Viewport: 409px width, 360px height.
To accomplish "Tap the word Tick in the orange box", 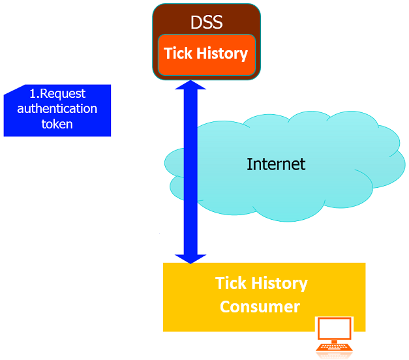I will [177, 53].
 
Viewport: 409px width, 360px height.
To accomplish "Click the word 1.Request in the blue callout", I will [57, 94].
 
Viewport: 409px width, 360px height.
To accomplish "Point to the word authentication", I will [57, 108].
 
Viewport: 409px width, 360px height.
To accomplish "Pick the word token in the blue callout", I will [57, 123].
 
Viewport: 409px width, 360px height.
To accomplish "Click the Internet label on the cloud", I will [276, 163].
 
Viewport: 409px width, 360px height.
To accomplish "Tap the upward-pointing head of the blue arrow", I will [190, 86].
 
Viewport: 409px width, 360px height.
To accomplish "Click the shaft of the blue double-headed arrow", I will [190, 170].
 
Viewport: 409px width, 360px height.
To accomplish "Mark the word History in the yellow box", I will [279, 284].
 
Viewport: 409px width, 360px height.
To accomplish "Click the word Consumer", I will [260, 307].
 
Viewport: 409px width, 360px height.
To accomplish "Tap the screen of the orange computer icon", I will [334, 329].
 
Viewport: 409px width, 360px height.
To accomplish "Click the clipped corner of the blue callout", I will [9, 90].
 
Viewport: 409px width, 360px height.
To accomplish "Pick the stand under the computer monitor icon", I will [334, 344].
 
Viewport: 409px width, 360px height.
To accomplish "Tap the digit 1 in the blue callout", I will [33, 94].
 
